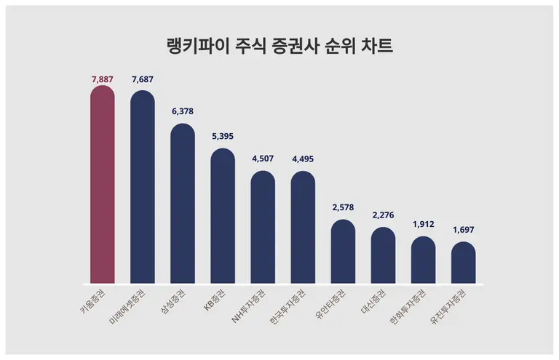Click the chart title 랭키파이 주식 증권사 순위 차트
pyautogui.click(x=279, y=47)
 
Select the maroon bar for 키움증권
pyautogui.click(x=102, y=185)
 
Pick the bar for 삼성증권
pyautogui.click(x=183, y=204)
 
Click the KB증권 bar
pyautogui.click(x=223, y=216)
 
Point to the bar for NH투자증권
pyautogui.click(x=263, y=228)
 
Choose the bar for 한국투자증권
pyautogui.click(x=303, y=228)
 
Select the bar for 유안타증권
pyautogui.click(x=343, y=252)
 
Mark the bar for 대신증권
pyautogui.click(x=383, y=255)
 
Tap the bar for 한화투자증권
pyautogui.click(x=423, y=260)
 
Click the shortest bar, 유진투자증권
pyautogui.click(x=463, y=263)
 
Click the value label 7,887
pyautogui.click(x=102, y=78)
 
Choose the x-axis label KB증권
pyautogui.click(x=215, y=300)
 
